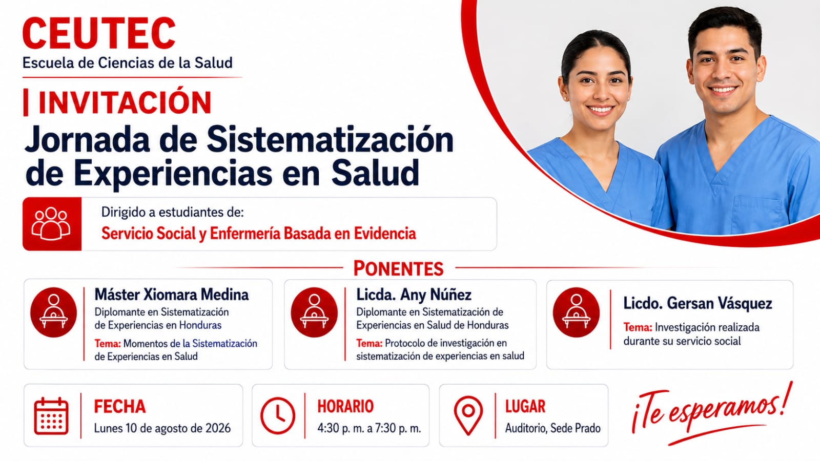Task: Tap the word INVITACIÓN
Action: point(125,102)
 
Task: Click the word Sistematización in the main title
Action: point(330,140)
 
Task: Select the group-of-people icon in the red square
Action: point(51,224)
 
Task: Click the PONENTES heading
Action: point(398,268)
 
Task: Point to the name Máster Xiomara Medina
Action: point(171,295)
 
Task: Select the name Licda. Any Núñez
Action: point(414,295)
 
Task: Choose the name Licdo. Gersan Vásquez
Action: point(698,303)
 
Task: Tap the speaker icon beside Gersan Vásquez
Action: point(576,312)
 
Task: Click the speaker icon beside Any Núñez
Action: point(314,312)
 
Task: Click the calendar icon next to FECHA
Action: point(51,416)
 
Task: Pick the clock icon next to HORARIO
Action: point(278,415)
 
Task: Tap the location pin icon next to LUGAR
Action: point(468,415)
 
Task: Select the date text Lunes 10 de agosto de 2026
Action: point(162,428)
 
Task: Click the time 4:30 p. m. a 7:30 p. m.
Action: point(369,428)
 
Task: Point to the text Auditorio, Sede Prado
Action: point(553,428)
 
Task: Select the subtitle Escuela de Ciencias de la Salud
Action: point(128,63)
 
